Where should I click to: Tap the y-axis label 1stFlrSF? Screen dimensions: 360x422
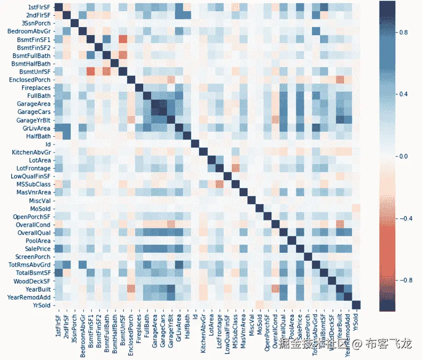pyautogui.click(x=36, y=7)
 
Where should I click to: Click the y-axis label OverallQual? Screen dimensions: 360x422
pyautogui.click(x=33, y=233)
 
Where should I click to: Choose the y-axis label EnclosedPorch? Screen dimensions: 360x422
pyautogui.click(x=30, y=80)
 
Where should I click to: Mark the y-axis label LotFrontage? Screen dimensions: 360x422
pyautogui.click(x=34, y=168)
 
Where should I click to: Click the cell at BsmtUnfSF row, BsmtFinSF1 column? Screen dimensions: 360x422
pyautogui.click(x=90, y=71)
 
